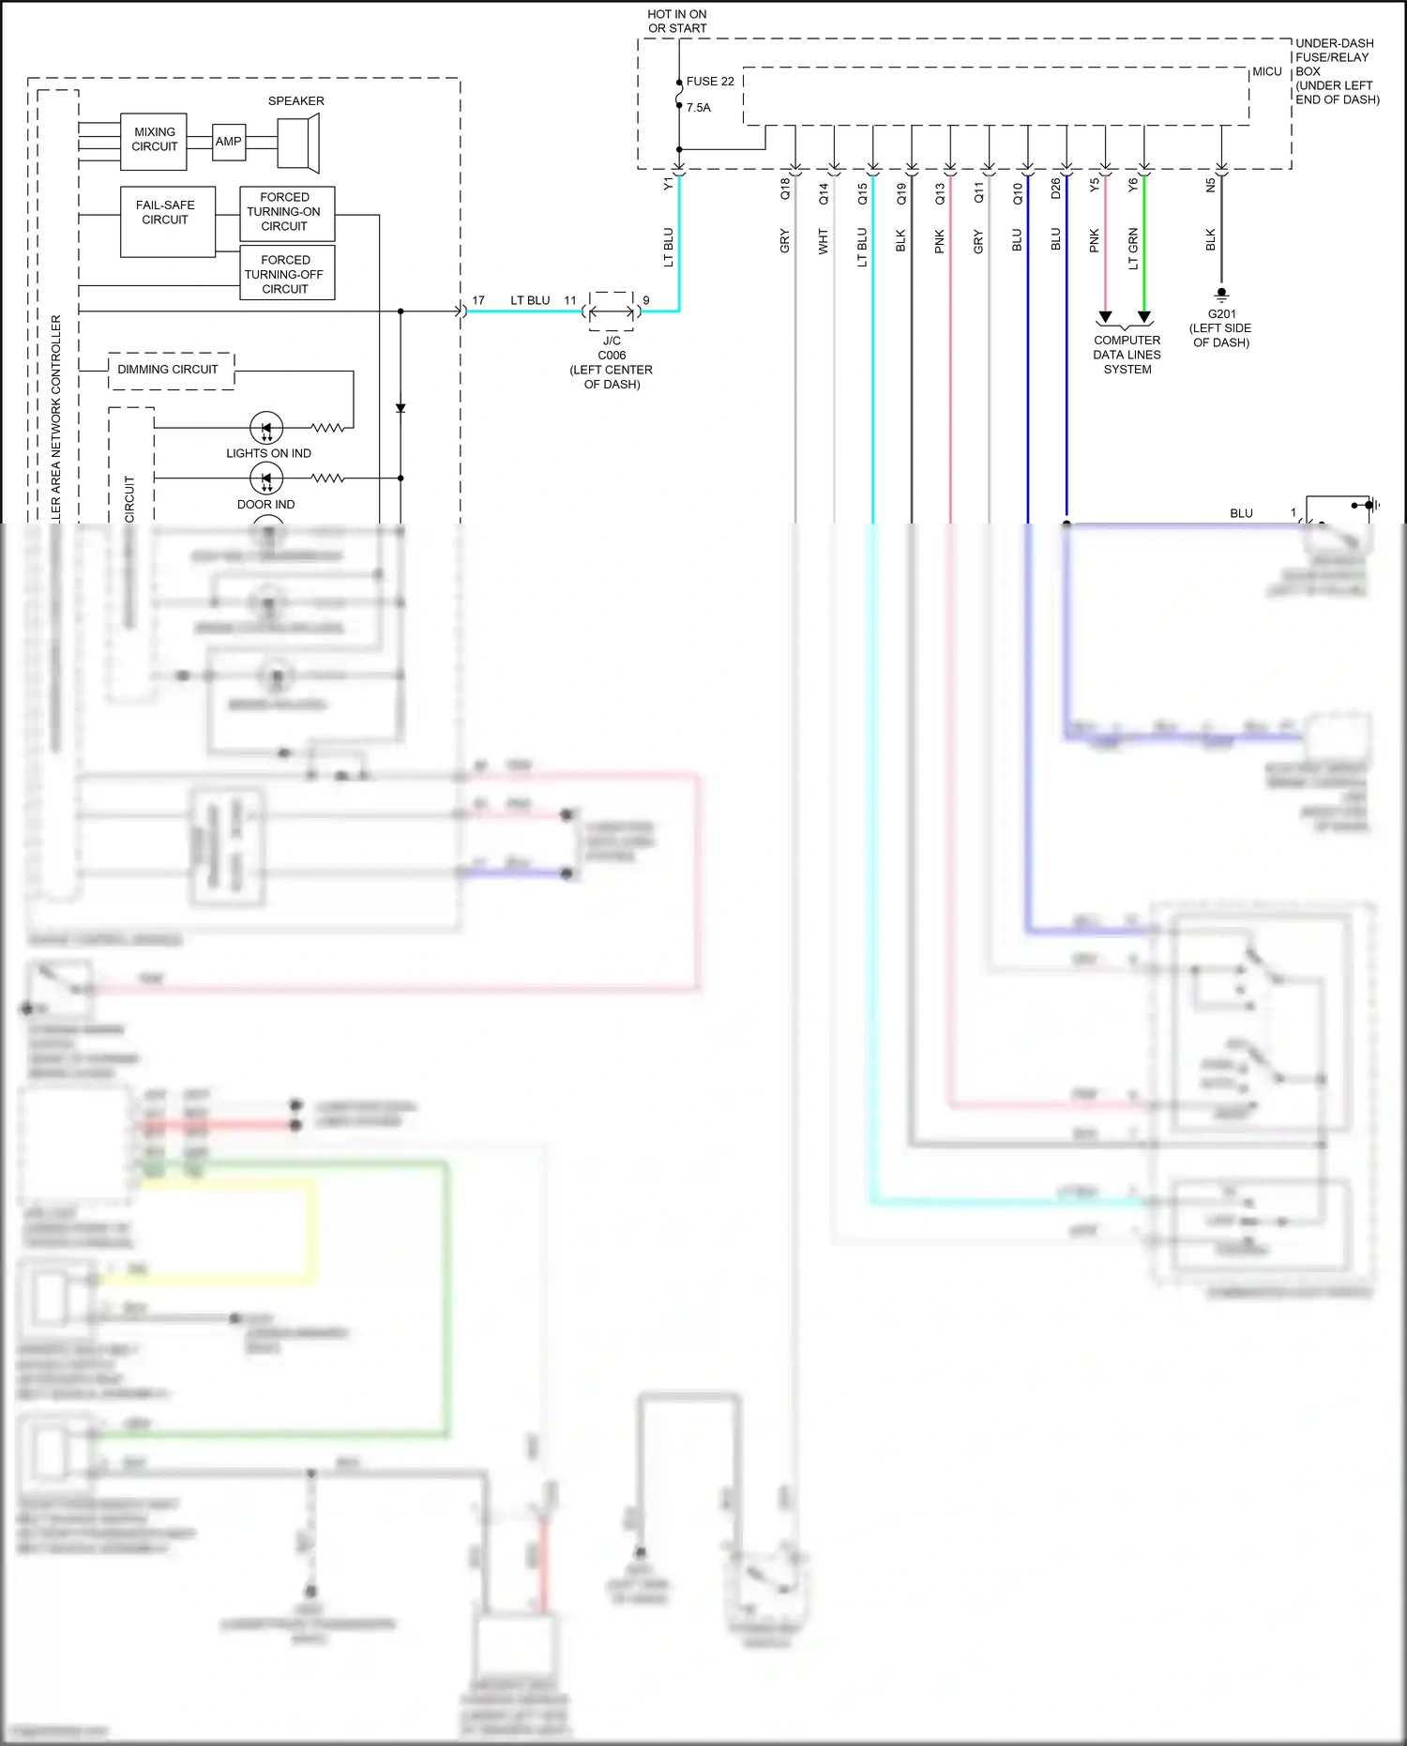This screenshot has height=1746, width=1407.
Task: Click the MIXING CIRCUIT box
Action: (x=154, y=141)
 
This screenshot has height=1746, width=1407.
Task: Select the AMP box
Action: (x=229, y=142)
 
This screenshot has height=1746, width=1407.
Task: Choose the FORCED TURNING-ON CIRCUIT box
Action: (x=286, y=213)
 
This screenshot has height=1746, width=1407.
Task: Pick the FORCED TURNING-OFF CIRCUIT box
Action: (x=286, y=273)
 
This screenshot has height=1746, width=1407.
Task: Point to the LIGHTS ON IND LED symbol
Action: (x=266, y=429)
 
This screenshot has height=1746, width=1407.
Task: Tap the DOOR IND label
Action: (x=265, y=504)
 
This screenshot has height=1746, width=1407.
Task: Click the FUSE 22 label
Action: (x=710, y=82)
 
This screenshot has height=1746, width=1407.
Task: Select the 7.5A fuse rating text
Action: (x=699, y=108)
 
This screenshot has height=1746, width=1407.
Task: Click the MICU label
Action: (x=1266, y=72)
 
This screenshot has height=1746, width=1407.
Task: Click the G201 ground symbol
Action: (x=1221, y=294)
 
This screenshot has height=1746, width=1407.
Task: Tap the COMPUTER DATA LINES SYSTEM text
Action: (x=1127, y=355)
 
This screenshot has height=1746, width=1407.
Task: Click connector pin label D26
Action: (x=1055, y=189)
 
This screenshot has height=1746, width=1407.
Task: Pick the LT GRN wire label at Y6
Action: (x=1133, y=249)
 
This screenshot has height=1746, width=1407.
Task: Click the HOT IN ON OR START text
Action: (x=676, y=22)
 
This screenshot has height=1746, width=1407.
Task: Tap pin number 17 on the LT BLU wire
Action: (x=478, y=300)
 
